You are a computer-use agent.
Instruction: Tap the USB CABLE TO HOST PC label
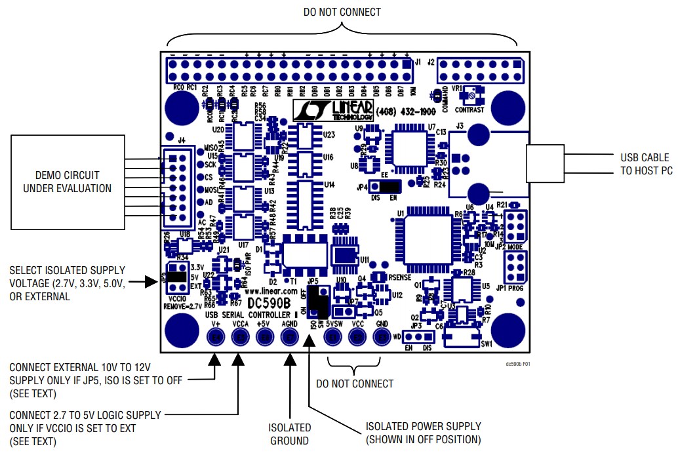tap(645, 164)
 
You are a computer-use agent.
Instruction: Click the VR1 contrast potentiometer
tap(469, 97)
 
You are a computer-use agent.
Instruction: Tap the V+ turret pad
tap(216, 337)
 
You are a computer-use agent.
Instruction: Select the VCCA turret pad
tap(241, 337)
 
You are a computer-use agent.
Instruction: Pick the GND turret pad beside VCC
tap(382, 337)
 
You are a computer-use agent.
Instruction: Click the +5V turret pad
tap(266, 337)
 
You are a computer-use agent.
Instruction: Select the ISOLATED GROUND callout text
tap(290, 434)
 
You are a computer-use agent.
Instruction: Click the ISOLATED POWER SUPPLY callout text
tap(423, 433)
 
